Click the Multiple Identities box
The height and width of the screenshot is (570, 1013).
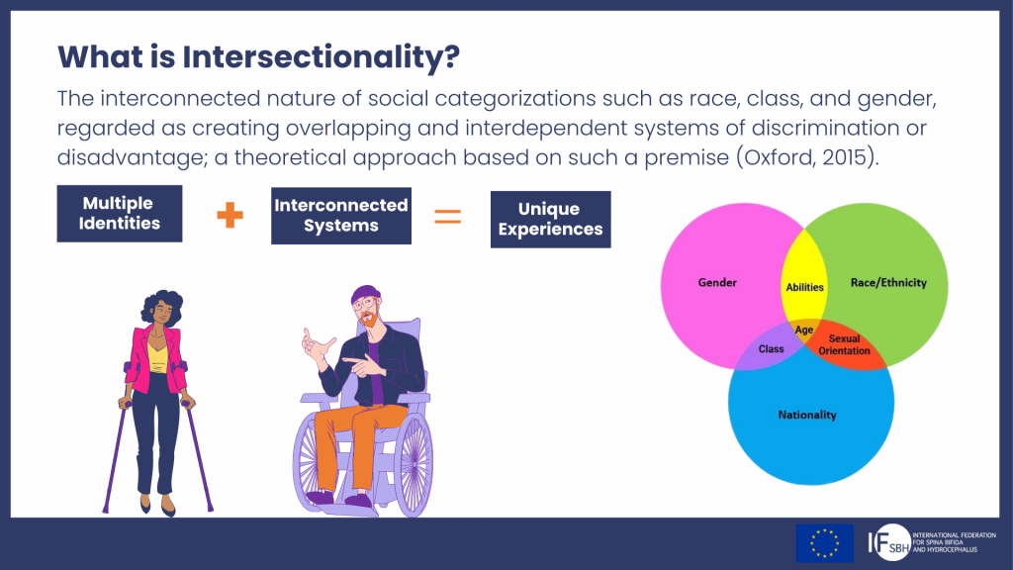(x=120, y=214)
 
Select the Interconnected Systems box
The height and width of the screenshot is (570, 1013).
(x=341, y=216)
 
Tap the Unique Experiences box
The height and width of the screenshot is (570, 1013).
(x=550, y=219)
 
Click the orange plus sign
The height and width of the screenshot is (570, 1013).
(x=230, y=215)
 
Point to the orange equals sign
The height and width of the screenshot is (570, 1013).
(x=448, y=216)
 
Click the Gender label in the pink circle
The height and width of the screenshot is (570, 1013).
(x=717, y=282)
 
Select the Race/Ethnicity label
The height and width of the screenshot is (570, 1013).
(x=888, y=282)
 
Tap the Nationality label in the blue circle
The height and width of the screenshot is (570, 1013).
(x=807, y=415)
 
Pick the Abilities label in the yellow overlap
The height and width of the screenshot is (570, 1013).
(x=804, y=288)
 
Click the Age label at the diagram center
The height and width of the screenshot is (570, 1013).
(x=803, y=331)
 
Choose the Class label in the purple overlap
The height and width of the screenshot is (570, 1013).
(x=771, y=349)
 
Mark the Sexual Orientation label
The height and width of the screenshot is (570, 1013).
(x=845, y=344)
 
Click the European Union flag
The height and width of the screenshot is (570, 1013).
(x=824, y=543)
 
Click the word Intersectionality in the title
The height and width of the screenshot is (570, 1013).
(x=322, y=56)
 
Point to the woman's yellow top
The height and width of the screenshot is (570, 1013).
(x=158, y=356)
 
